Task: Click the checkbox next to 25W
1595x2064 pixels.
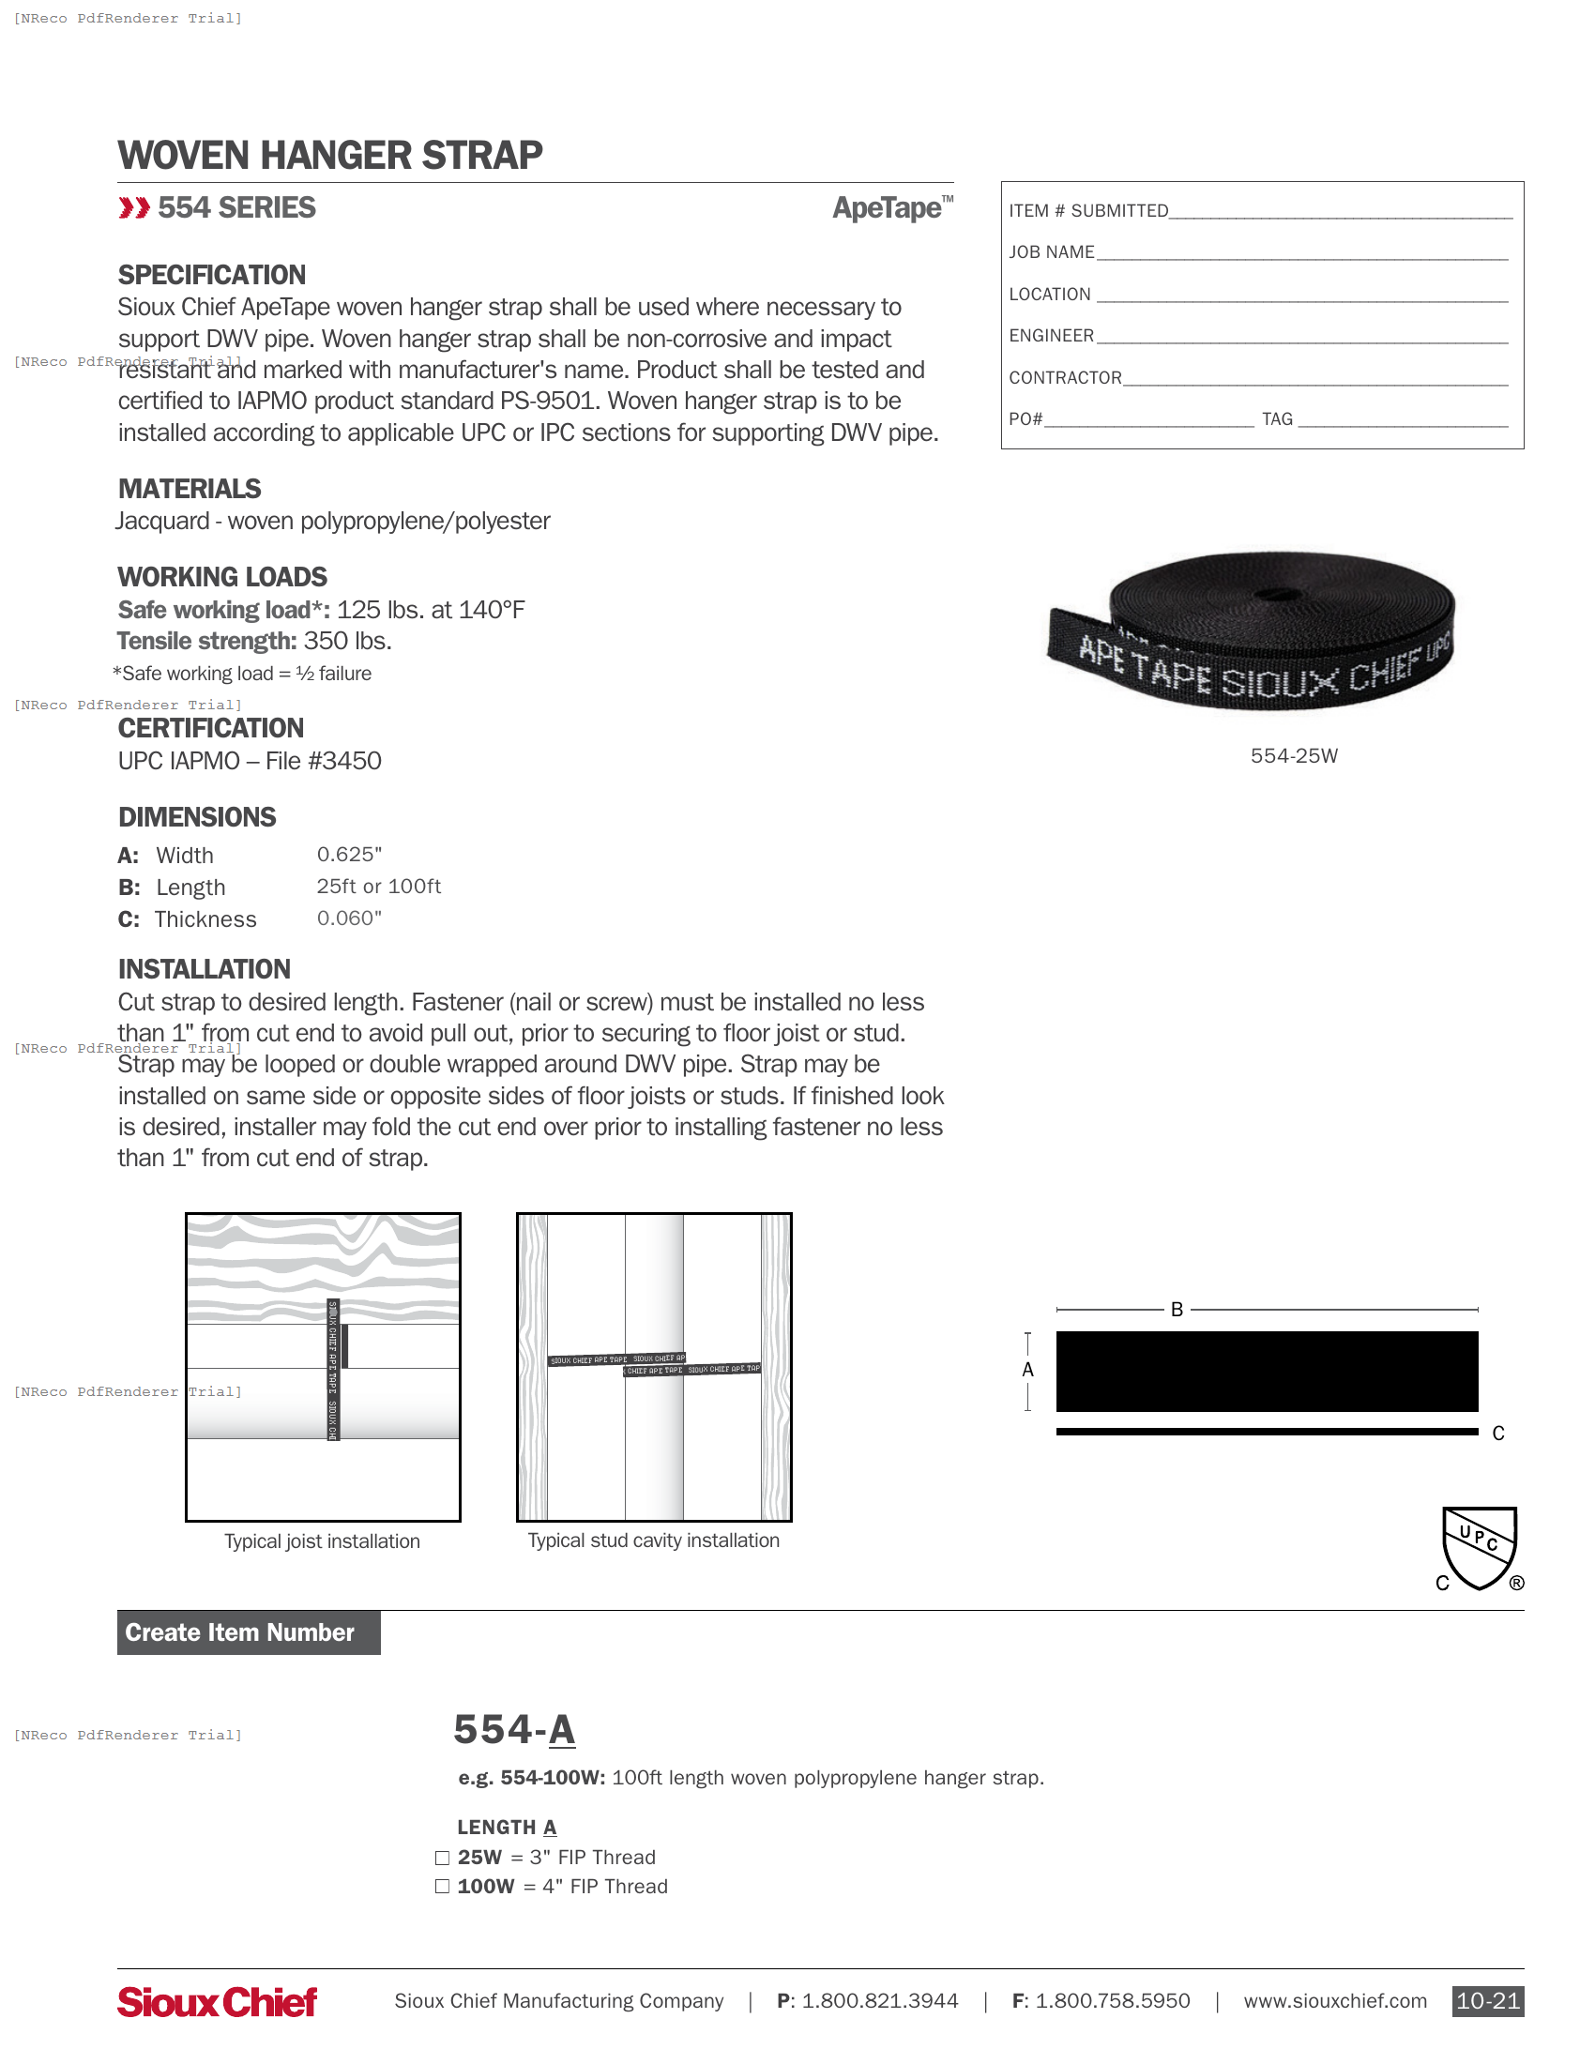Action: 441,1858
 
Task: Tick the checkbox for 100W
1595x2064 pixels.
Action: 441,1887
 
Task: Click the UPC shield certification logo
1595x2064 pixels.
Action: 1479,1547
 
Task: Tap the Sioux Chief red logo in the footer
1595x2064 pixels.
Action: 217,2001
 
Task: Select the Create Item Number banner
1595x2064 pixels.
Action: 249,1632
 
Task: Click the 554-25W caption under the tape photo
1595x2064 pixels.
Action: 1293,756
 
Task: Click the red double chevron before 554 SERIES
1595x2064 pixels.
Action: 134,208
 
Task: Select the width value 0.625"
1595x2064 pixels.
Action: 349,855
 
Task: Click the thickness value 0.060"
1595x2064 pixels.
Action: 349,918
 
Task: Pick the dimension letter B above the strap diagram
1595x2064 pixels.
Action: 1177,1310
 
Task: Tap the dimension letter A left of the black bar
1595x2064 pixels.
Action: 1028,1371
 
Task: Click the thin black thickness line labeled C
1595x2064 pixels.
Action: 1267,1432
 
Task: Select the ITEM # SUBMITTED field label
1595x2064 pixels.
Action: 1087,211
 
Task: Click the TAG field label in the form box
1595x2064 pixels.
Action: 1277,419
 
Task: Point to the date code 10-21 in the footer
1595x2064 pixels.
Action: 1487,2001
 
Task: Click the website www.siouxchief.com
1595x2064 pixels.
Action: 1334,2001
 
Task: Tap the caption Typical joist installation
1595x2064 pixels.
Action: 322,1541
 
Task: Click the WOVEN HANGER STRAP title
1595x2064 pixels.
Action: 329,156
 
